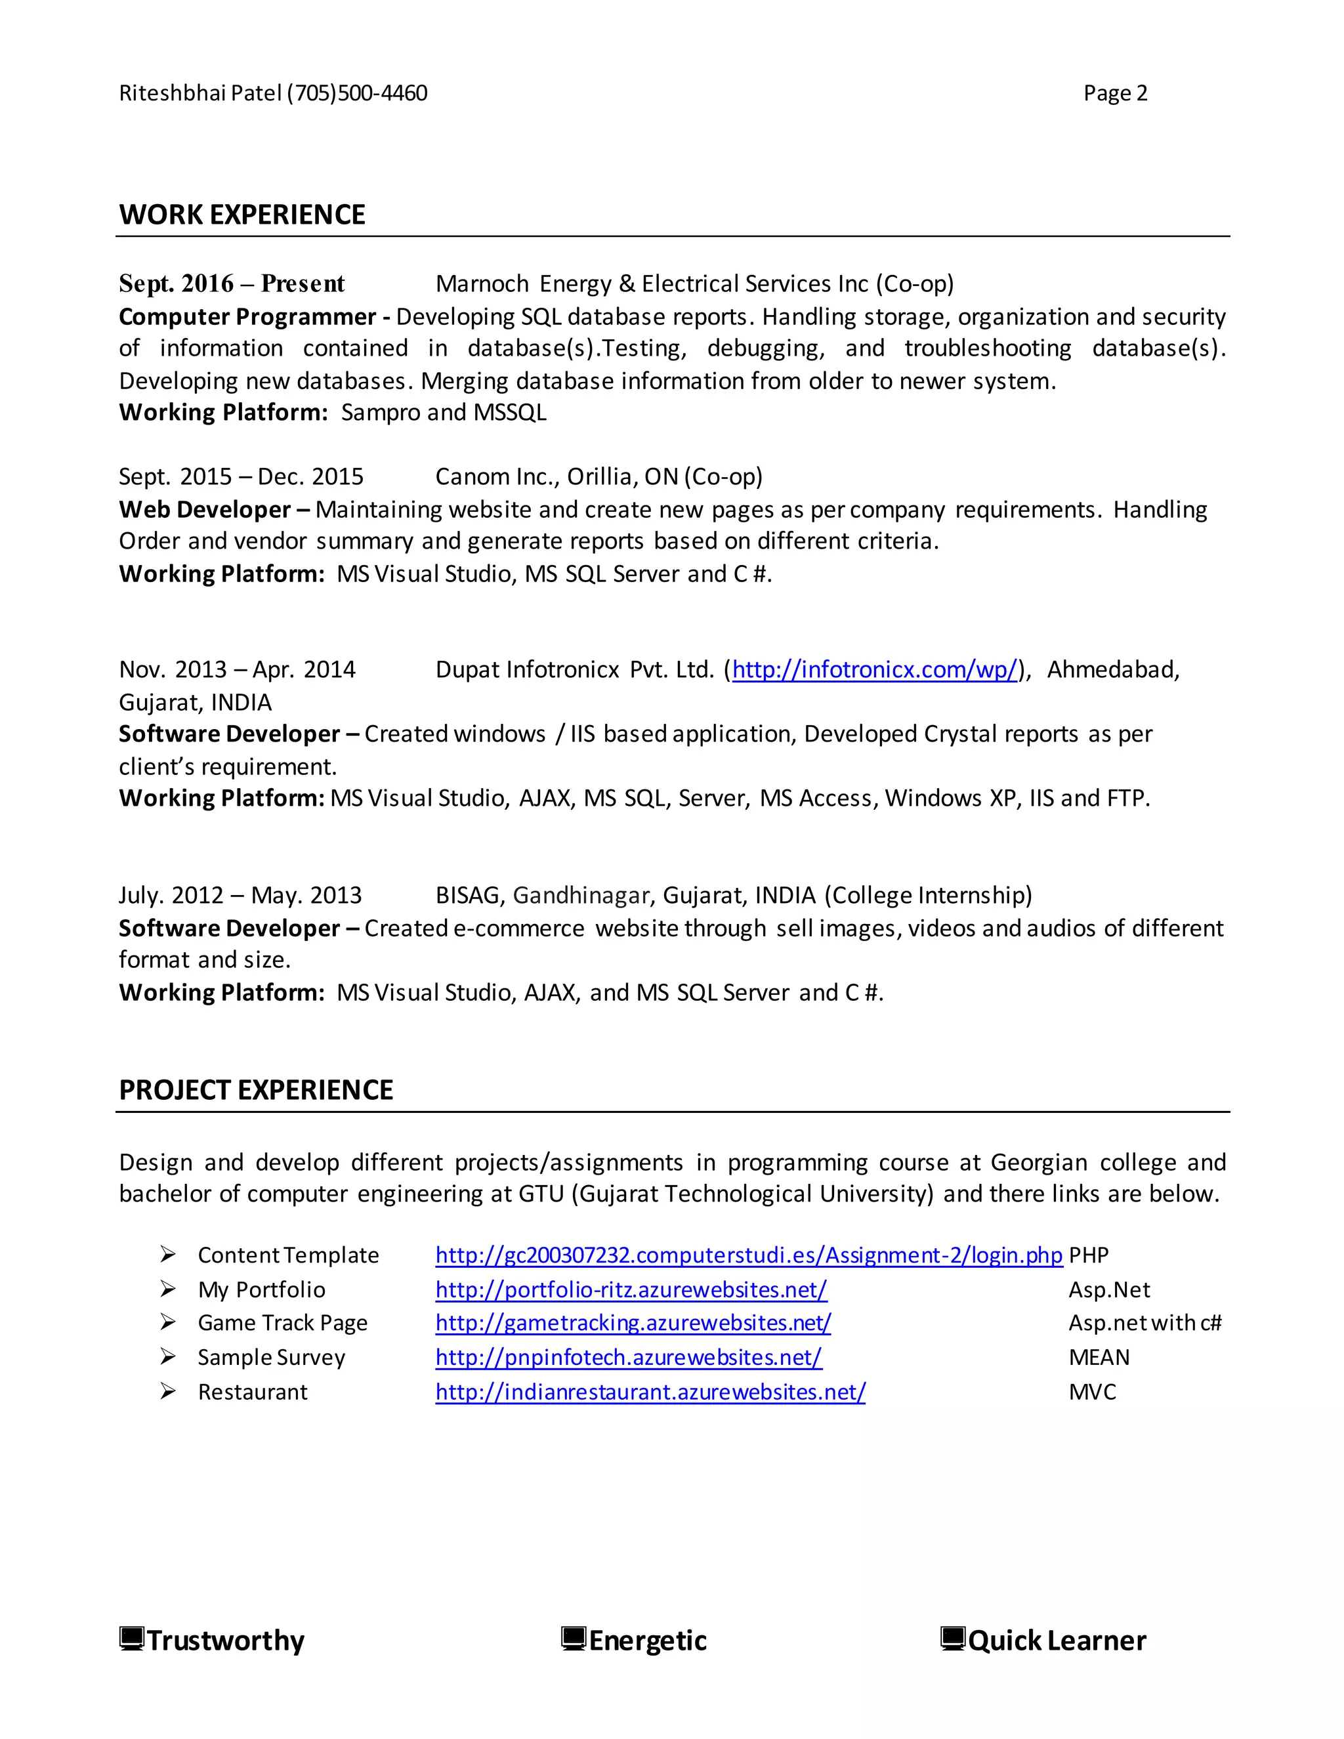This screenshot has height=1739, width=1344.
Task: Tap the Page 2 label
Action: pos(1115,94)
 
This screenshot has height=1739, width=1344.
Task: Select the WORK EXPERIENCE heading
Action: pos(242,215)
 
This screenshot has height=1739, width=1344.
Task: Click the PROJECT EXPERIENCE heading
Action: pos(255,1090)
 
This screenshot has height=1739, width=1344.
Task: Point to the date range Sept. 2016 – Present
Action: pos(232,284)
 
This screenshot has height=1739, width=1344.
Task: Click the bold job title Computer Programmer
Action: pos(247,317)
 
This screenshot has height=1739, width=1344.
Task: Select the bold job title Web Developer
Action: pos(205,510)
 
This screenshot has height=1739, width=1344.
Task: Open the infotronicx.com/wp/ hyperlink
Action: pos(874,669)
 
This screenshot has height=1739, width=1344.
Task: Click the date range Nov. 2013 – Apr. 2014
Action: pos(238,669)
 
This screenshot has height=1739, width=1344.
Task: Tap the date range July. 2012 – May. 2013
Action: pos(240,896)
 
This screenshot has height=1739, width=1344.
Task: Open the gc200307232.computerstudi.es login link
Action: pos(748,1255)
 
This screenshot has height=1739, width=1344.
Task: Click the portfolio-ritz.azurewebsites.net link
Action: pos(631,1290)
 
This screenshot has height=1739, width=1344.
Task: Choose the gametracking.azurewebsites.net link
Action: pos(633,1324)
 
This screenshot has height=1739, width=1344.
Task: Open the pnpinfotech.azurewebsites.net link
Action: pos(628,1358)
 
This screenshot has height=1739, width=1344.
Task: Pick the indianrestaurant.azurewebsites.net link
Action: pos(650,1392)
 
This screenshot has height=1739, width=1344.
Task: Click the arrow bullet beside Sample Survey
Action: pos(167,1357)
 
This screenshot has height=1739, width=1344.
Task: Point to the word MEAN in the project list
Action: pos(1099,1358)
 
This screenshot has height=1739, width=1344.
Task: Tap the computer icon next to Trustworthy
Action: pos(131,1639)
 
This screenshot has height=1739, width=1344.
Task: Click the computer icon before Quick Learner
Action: pos(952,1639)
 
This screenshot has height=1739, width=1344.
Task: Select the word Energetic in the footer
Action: pos(647,1641)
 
